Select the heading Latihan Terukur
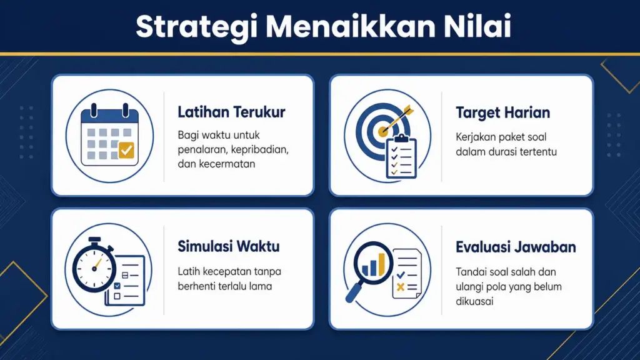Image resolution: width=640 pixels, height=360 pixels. coord(231,112)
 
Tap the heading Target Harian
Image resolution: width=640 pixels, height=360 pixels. coord(502,113)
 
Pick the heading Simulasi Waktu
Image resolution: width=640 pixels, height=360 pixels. coord(228,246)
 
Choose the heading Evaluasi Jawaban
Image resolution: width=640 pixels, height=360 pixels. coord(515,247)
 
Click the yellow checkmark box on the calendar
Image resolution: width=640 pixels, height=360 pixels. coord(126,150)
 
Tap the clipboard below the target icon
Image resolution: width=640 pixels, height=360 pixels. coord(401,157)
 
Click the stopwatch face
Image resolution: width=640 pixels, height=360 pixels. coord(94,268)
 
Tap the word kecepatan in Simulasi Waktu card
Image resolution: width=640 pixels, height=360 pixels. coord(223,272)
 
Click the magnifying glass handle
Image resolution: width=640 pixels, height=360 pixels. coord(354,292)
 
